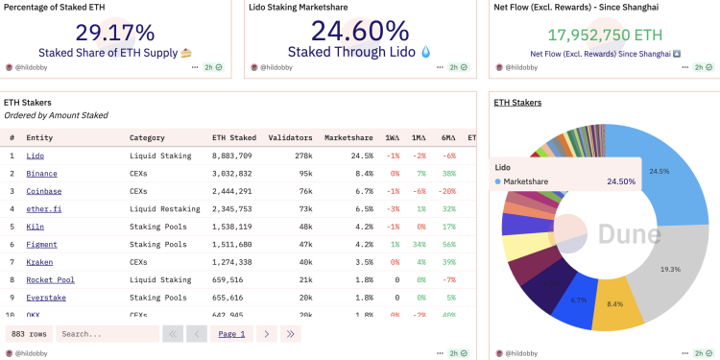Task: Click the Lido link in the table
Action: pos(36,156)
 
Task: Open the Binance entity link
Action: pos(41,173)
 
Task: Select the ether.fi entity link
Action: pos(43,208)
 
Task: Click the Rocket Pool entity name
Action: pos(50,279)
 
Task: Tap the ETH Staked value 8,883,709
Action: pos(232,156)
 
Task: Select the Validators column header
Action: pos(290,137)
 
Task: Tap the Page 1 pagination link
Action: pos(231,334)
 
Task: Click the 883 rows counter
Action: pos(28,334)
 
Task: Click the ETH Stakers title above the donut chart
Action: pos(517,102)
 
